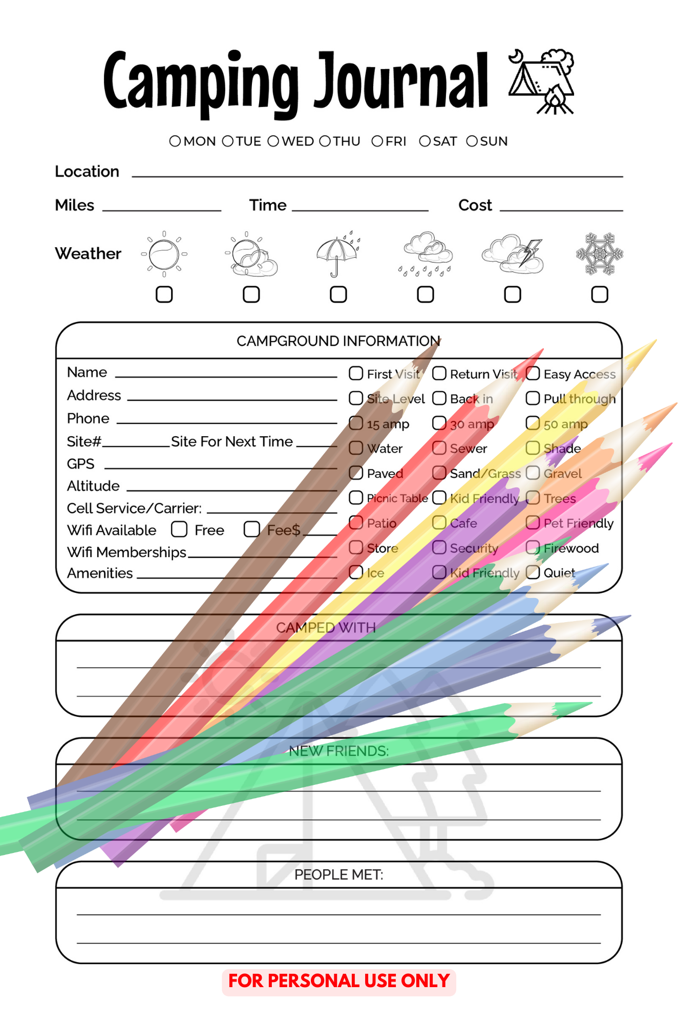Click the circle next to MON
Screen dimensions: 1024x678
coord(175,141)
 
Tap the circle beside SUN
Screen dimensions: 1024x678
coord(472,141)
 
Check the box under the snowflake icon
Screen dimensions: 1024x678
coord(600,294)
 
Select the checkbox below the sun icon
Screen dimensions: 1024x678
coord(164,294)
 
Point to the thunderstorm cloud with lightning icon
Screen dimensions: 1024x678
coord(513,254)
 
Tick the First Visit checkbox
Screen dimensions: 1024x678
coord(356,373)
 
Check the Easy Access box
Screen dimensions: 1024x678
coord(533,373)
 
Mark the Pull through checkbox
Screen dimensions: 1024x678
coord(533,398)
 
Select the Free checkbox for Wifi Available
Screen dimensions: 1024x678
coord(179,529)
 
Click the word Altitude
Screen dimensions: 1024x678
coord(93,486)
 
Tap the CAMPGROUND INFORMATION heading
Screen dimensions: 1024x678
coord(338,341)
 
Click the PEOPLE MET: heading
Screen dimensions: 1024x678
coord(338,874)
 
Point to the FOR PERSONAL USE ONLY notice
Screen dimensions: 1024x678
coord(338,981)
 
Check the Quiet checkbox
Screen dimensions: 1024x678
coord(533,572)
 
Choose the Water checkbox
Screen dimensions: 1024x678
coord(356,448)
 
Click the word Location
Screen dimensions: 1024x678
coord(87,172)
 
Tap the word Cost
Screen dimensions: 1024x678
coord(475,205)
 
